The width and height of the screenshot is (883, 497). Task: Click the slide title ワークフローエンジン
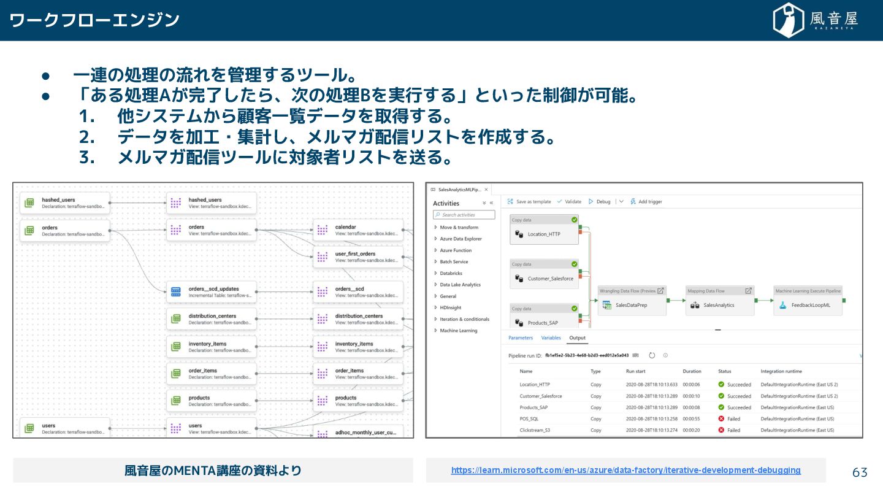coord(94,20)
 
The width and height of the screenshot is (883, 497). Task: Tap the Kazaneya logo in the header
coord(815,20)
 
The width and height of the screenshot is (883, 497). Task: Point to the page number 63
coord(860,472)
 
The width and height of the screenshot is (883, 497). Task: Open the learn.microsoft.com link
coord(625,470)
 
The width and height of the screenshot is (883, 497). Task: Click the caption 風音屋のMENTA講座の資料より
coord(213,471)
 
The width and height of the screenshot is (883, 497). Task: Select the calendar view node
coord(358,231)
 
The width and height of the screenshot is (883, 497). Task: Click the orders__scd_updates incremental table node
coord(212,292)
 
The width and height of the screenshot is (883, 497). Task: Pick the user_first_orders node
coord(358,257)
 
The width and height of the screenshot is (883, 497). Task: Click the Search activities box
coord(464,215)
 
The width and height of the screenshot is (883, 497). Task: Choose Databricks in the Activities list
coord(451,273)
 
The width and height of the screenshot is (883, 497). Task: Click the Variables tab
coord(551,338)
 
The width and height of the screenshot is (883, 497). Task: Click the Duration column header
coord(692,371)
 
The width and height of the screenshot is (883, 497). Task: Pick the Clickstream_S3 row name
coord(535,430)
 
